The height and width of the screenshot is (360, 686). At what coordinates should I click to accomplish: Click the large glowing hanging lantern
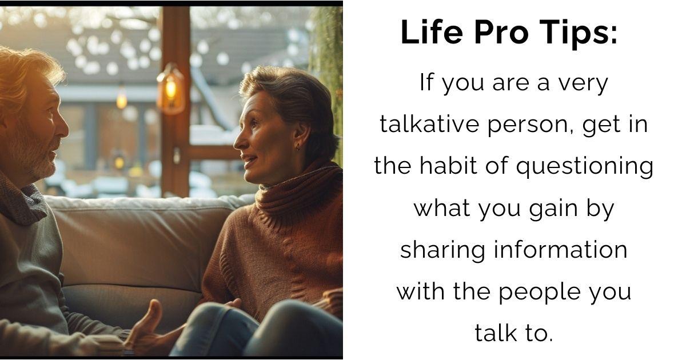[x=170, y=89]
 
